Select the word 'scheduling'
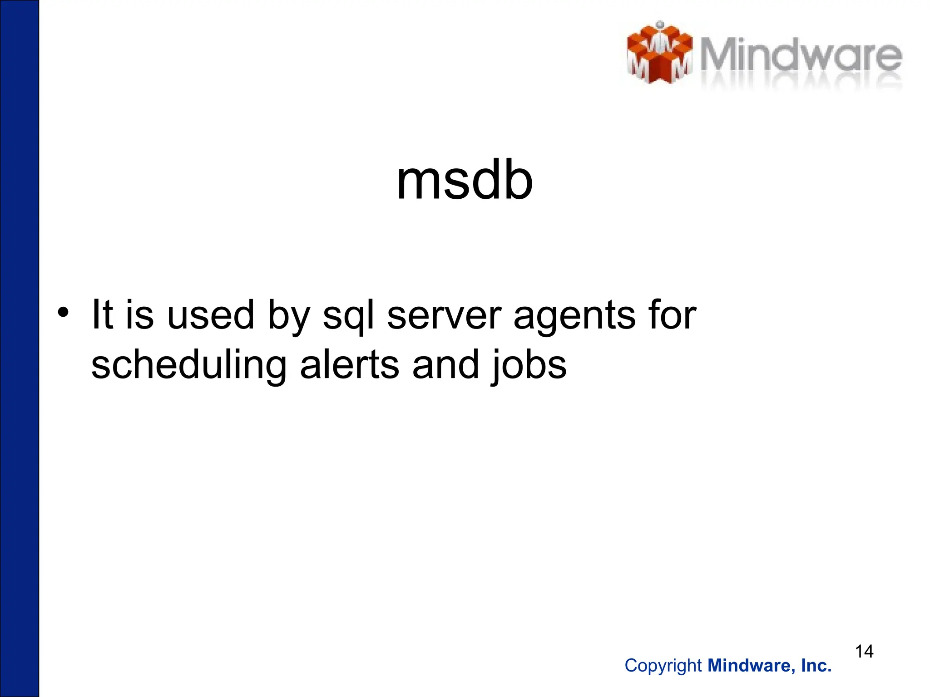tap(189, 366)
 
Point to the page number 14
tap(864, 652)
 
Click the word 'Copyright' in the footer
tap(663, 666)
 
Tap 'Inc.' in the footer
tap(816, 666)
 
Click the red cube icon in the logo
tap(659, 54)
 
